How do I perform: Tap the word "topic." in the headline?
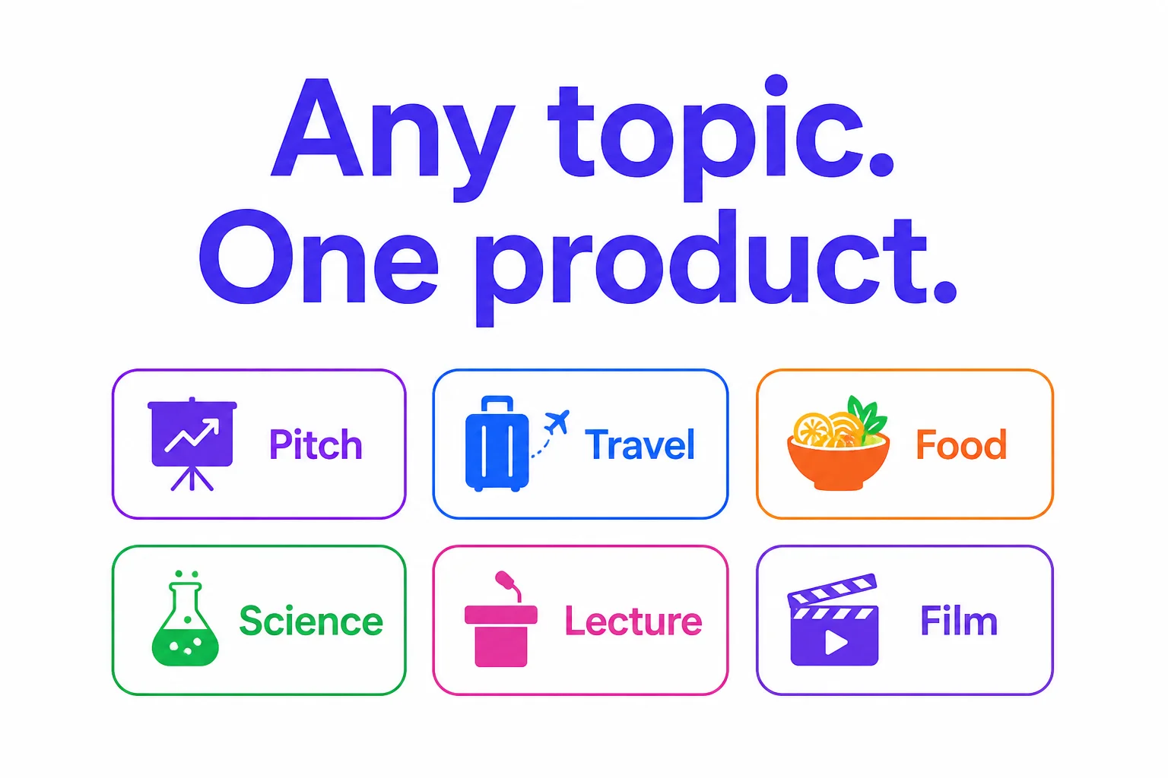coord(721,138)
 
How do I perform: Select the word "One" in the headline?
coord(318,256)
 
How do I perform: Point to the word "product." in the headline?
coord(716,267)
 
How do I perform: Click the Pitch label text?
coord(316,444)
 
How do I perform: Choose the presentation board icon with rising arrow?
coord(192,444)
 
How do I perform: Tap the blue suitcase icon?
coord(497,444)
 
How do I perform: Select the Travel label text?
coord(640,444)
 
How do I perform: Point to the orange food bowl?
coord(838,463)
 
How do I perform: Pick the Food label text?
coord(961,444)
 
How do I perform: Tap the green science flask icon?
coord(185,618)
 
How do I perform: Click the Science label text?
coord(311,621)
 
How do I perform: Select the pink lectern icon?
coord(500,635)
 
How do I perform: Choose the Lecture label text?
coord(633,621)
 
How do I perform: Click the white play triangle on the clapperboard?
coord(836,643)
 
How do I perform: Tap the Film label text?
coord(958,620)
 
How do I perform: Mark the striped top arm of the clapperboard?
coord(832,590)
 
